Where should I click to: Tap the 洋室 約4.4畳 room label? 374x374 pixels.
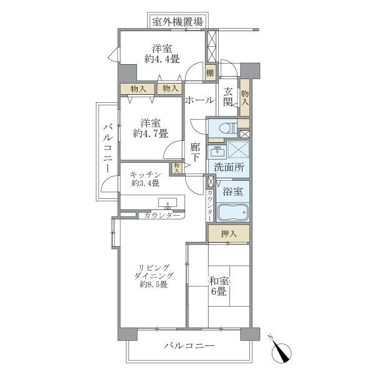coord(162,54)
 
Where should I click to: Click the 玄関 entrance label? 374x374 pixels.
coord(229,96)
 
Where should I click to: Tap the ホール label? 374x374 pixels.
coord(199,100)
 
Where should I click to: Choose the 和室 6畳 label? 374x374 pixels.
coord(218,286)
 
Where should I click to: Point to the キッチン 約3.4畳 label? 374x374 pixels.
coord(146,178)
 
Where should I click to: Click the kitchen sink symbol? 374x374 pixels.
coord(167,203)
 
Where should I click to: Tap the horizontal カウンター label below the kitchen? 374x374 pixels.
coord(159,216)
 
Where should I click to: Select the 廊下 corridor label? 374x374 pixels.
coord(196,153)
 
